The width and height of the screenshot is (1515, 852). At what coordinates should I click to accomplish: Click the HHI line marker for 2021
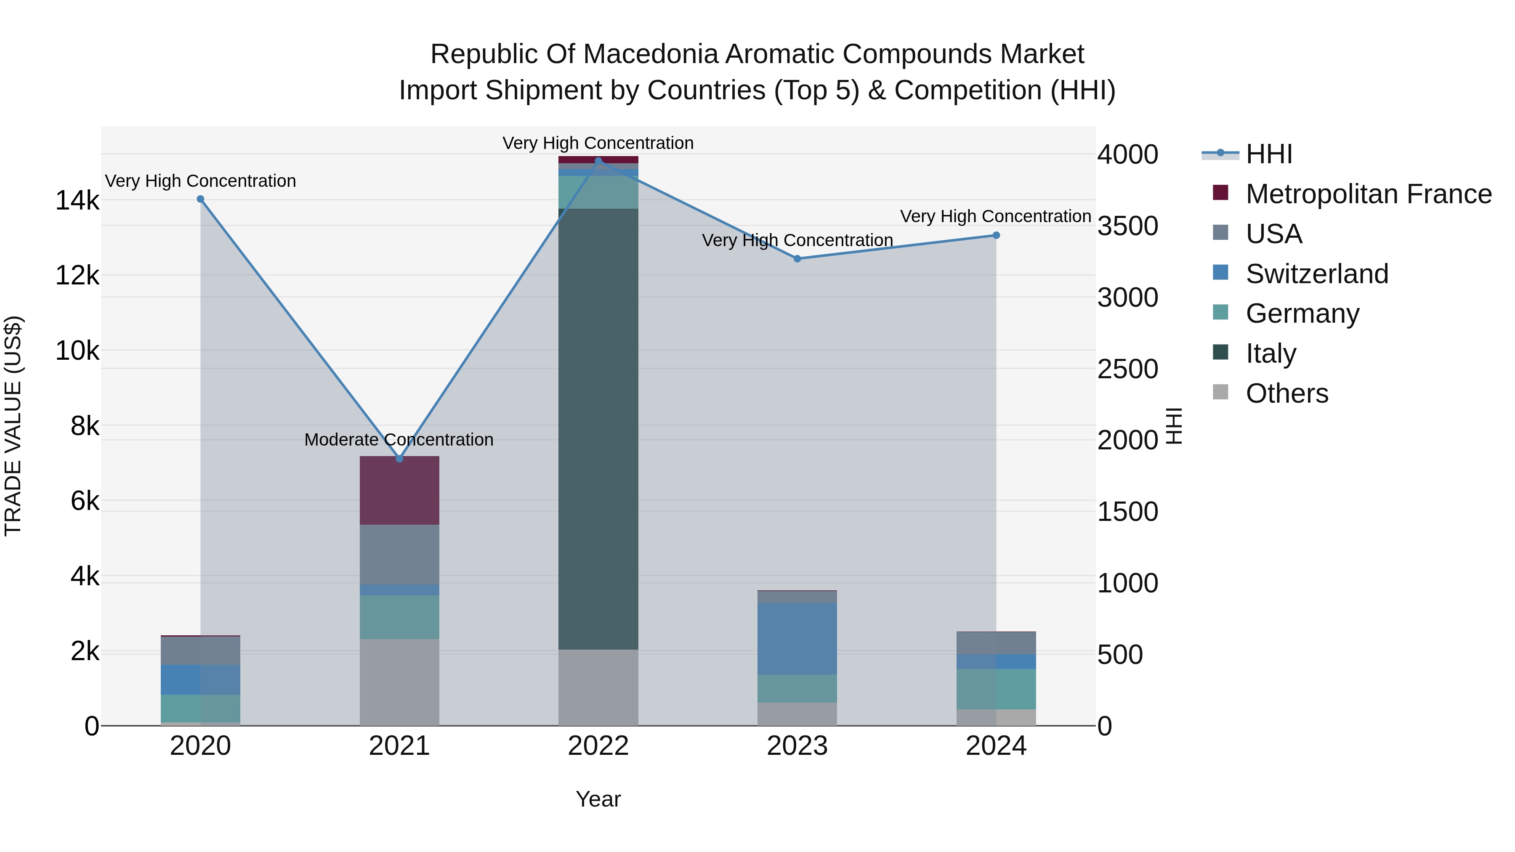pyautogui.click(x=399, y=458)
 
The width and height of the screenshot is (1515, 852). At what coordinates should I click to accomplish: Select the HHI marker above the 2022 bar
pyautogui.click(x=598, y=161)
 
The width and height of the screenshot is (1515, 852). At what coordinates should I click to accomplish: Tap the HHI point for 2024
pyautogui.click(x=996, y=235)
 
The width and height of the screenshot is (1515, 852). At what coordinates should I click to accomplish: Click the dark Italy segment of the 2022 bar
pyautogui.click(x=598, y=429)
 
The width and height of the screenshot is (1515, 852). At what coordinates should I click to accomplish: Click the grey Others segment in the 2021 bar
pyautogui.click(x=399, y=682)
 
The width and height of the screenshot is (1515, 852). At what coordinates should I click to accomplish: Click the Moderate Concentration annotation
pyautogui.click(x=399, y=439)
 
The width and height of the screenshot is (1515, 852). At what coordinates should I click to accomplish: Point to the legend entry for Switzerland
pyautogui.click(x=1316, y=274)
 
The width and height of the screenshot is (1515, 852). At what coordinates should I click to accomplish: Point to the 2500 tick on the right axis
pyautogui.click(x=1127, y=369)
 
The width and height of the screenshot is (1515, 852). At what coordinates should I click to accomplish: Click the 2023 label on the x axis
pyautogui.click(x=797, y=746)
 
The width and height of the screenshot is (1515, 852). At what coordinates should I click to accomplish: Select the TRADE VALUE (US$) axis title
pyautogui.click(x=13, y=426)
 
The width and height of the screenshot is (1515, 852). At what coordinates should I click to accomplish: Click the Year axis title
pyautogui.click(x=598, y=799)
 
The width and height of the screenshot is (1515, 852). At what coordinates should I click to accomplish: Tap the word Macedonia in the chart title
pyautogui.click(x=652, y=54)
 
